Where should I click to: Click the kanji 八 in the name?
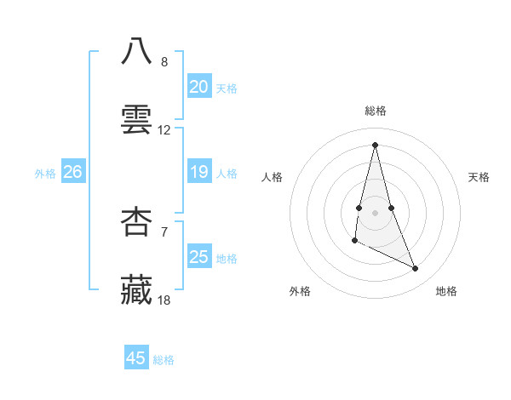point(136,52)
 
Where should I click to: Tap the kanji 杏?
point(136,221)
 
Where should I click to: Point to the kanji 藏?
point(136,289)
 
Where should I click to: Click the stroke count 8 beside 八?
point(164,62)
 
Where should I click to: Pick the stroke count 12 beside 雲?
point(164,130)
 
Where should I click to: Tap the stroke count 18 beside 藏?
point(164,300)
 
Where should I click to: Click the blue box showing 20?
point(199,87)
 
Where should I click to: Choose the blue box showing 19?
point(199,172)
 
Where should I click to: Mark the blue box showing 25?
point(199,257)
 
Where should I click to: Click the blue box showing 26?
point(72,172)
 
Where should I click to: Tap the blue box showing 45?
point(136,358)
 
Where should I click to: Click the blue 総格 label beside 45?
point(164,360)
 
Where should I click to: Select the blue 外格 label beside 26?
point(45,174)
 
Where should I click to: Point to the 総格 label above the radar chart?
point(376,111)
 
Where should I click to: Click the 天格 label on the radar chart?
point(479,177)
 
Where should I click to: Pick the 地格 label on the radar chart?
point(446,291)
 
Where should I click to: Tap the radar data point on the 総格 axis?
point(376,144)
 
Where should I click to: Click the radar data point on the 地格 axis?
point(416,269)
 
